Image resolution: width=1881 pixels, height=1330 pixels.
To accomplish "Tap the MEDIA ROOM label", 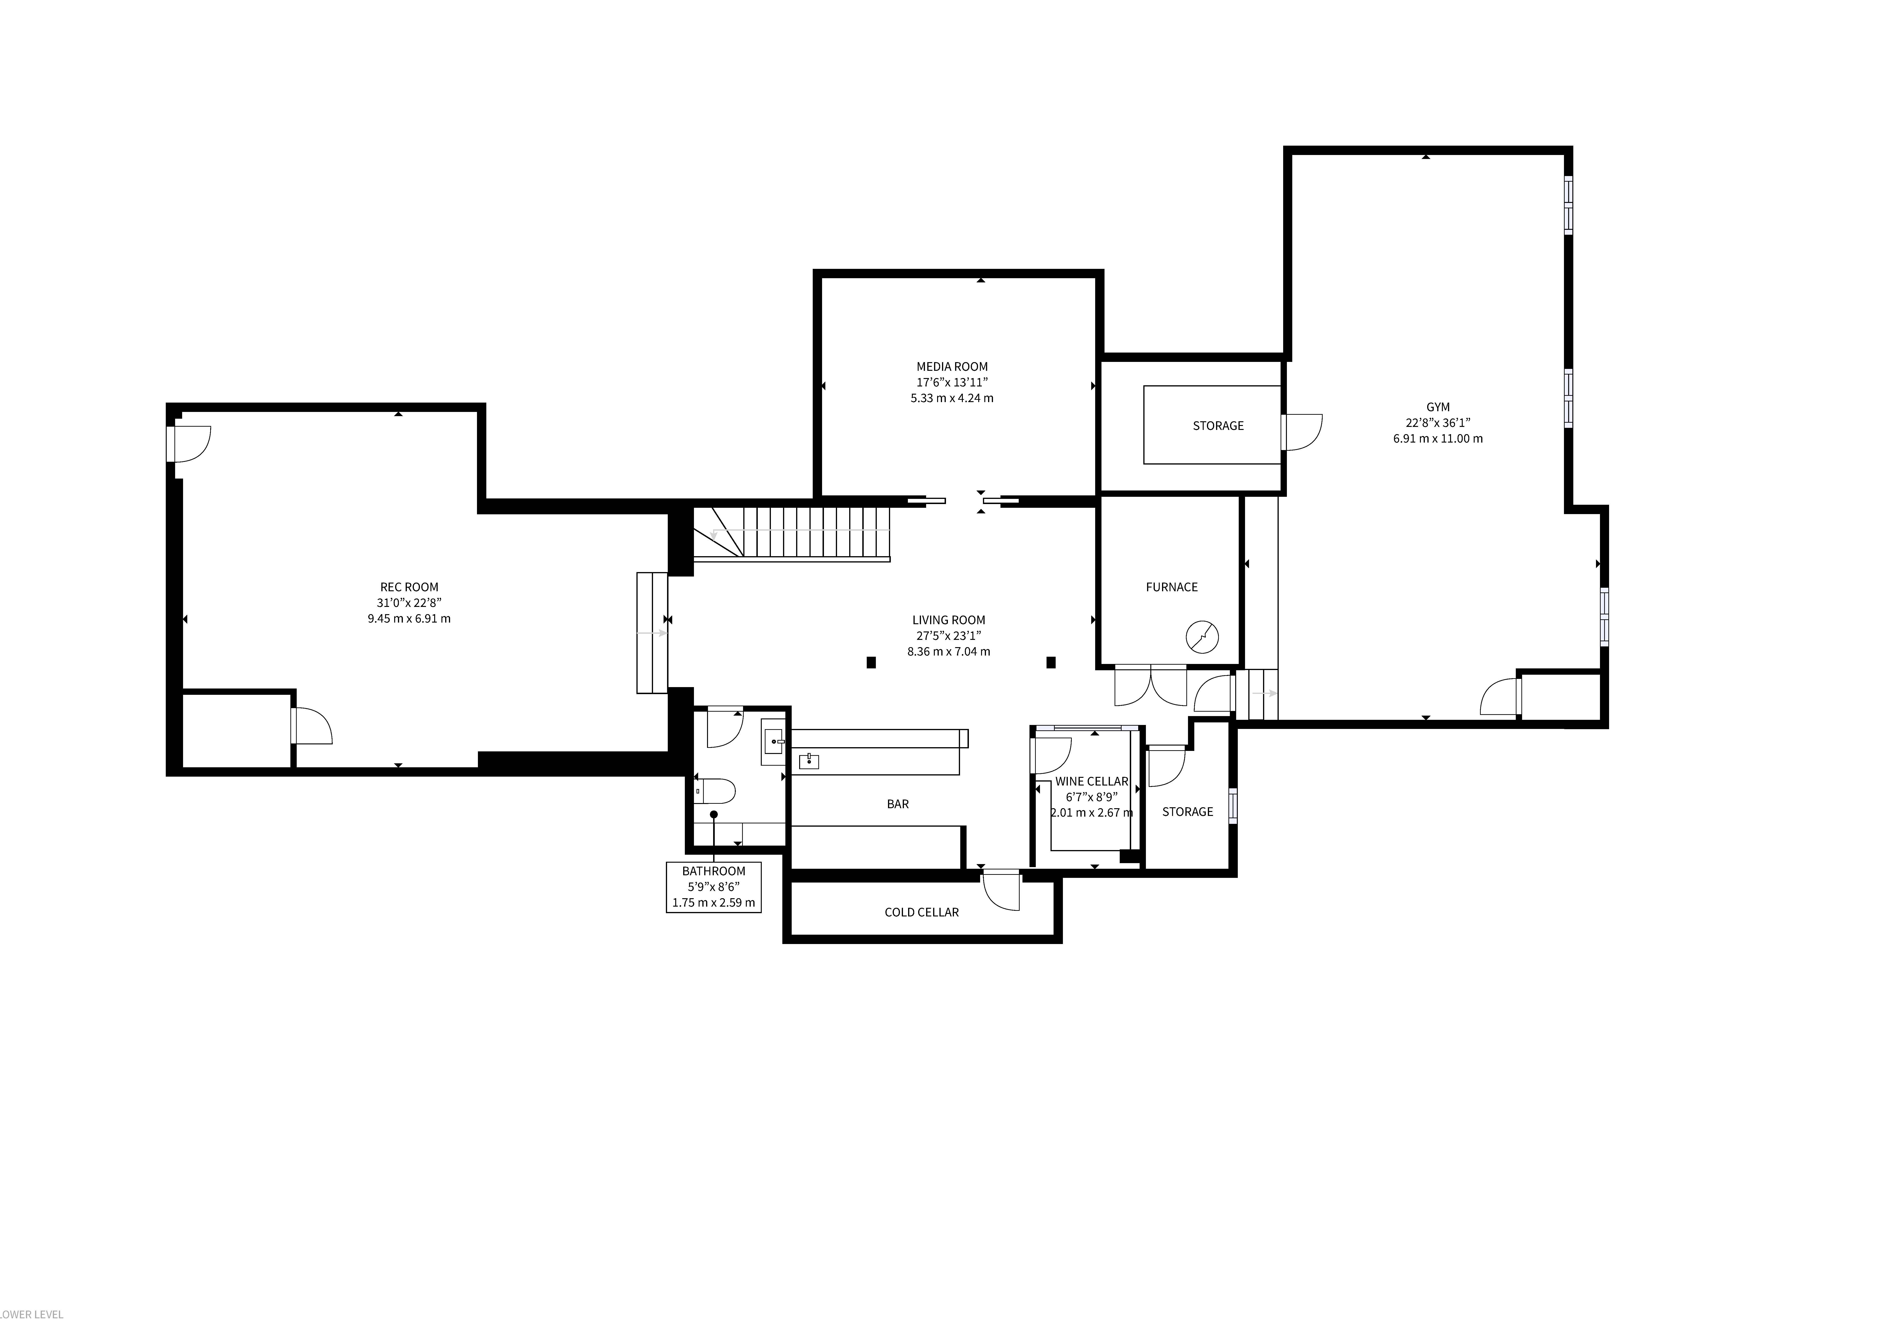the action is coord(952,367).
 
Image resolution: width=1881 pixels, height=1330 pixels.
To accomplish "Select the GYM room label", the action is coord(1438,407).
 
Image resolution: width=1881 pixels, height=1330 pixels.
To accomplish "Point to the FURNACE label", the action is coord(1172,587).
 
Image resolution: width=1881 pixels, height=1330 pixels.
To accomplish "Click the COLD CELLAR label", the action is coord(922,912).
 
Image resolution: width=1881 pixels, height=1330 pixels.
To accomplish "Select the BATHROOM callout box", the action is coord(714,887).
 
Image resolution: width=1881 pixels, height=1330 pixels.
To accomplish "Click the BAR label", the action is coord(898,804).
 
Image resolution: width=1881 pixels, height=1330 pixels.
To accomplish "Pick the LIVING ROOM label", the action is coord(949,620).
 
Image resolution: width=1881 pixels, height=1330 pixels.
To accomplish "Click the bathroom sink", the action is coord(773,742).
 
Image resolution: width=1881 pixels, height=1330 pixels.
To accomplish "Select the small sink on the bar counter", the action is coord(809,762).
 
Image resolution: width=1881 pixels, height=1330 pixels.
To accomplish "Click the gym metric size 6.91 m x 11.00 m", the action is coord(1438,438).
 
